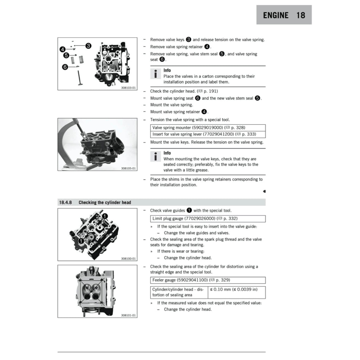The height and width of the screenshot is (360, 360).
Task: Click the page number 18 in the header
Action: coord(301,15)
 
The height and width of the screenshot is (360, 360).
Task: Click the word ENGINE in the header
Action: coord(276,15)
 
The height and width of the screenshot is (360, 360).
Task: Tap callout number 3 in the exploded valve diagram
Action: coord(89,46)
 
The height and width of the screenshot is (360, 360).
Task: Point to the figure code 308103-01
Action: coord(128,87)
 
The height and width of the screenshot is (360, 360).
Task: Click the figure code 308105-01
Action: coord(128,168)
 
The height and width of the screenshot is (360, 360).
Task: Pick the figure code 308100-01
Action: coord(128,258)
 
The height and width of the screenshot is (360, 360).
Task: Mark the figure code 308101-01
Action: coord(128,315)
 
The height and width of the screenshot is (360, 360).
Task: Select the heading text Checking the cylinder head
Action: coord(104,202)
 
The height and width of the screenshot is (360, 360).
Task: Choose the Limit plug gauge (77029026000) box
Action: coord(207,219)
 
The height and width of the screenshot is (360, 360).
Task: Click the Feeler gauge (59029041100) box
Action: coord(207,280)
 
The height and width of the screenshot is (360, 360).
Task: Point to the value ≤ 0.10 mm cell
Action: coord(233,289)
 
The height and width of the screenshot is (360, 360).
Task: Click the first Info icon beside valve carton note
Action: coord(155,74)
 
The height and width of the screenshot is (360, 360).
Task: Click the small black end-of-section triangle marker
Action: coord(264,192)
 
